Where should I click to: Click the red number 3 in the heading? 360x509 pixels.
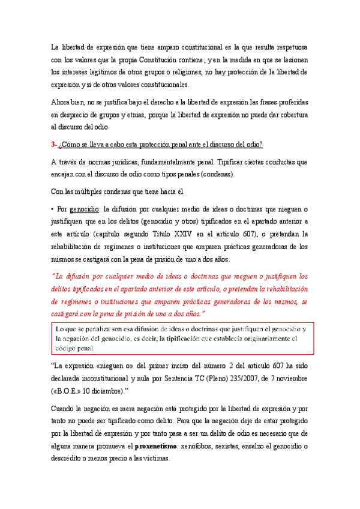tap(53, 145)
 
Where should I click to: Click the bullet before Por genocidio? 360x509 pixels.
tap(52, 209)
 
